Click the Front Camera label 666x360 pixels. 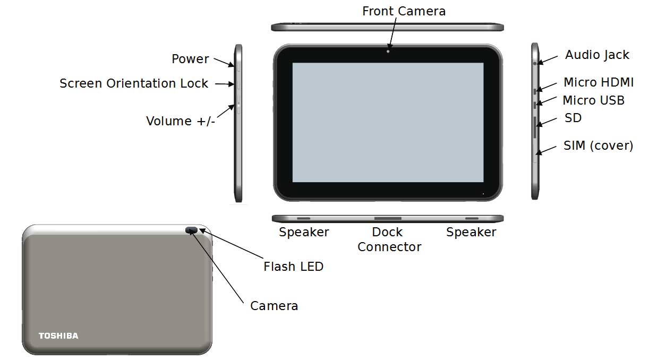(x=404, y=11)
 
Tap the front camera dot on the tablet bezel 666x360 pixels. (x=388, y=52)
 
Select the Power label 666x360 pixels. (x=190, y=59)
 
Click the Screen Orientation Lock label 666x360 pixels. (x=134, y=83)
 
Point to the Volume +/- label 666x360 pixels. (x=180, y=121)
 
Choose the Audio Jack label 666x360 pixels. (x=597, y=55)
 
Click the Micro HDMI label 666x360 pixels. (x=599, y=82)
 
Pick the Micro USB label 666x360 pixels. (x=593, y=100)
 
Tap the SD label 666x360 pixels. (x=573, y=118)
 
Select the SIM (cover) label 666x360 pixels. (x=598, y=145)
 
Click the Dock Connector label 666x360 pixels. (x=389, y=239)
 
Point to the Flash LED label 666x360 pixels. (x=294, y=267)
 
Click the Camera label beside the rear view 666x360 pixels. (x=274, y=306)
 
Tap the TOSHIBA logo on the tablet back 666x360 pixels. (x=58, y=336)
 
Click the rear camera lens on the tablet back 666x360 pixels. (x=191, y=230)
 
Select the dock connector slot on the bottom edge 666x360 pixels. (x=388, y=219)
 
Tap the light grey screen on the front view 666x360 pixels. (x=388, y=122)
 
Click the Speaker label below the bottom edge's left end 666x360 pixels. (x=304, y=232)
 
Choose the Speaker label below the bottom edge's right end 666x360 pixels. (x=471, y=232)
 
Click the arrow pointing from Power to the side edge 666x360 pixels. (x=224, y=62)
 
